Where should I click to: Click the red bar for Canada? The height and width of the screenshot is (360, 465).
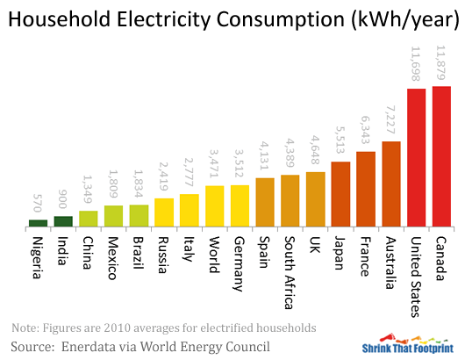442,156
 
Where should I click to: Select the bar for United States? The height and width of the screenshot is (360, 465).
417,158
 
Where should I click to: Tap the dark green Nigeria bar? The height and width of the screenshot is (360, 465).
38,223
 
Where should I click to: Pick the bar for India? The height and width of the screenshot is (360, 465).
63,221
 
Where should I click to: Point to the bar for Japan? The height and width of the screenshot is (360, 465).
340,194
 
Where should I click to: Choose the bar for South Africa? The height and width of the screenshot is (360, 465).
290,201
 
